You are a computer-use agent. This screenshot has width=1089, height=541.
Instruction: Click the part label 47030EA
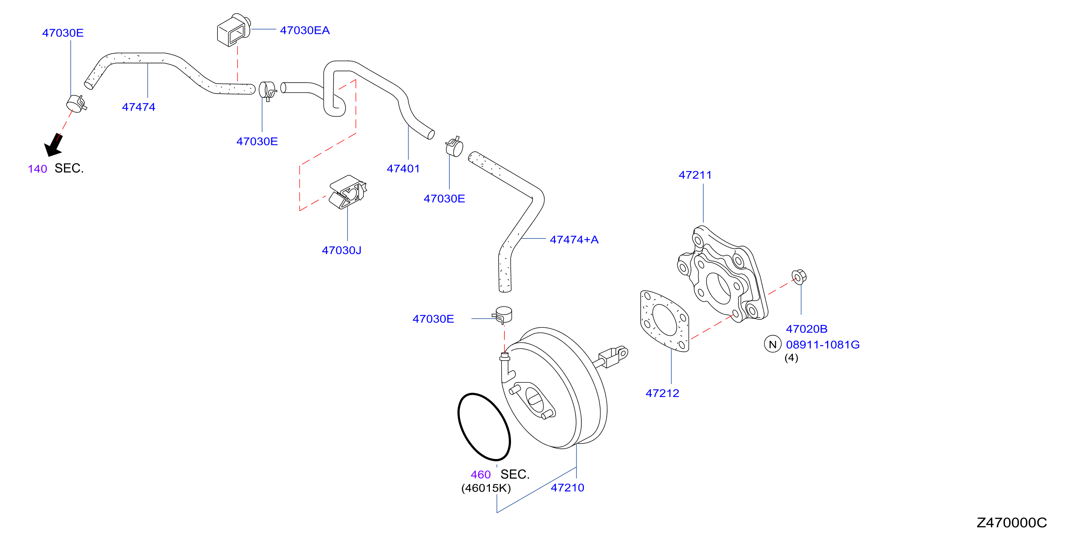tap(304, 31)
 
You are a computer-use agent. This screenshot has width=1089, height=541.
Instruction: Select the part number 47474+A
tap(574, 240)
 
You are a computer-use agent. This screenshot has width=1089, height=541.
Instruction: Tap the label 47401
tap(403, 169)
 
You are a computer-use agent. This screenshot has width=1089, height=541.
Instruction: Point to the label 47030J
tap(341, 250)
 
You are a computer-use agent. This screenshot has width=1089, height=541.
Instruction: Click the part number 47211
tap(695, 175)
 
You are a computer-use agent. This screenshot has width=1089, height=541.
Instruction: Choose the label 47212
tap(662, 393)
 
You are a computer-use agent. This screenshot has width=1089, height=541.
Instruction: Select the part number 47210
tap(567, 488)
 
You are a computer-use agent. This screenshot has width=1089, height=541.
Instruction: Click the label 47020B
tap(806, 329)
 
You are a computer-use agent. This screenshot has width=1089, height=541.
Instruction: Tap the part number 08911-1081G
tap(822, 345)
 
